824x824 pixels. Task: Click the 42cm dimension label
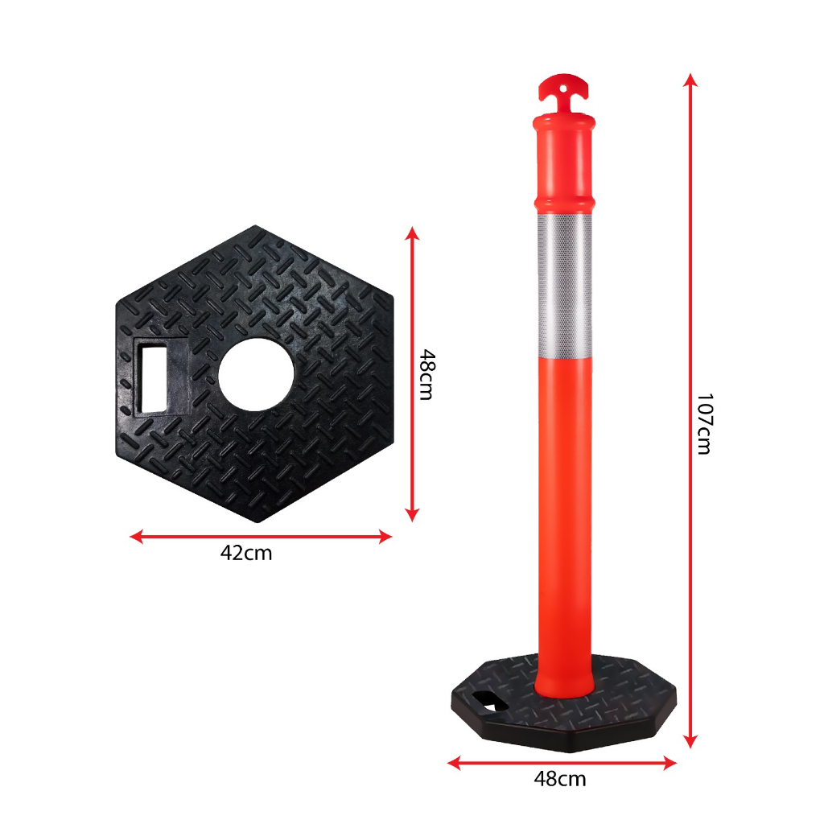(x=246, y=554)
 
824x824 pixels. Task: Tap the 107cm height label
(x=703, y=423)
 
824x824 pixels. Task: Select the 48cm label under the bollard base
(x=560, y=779)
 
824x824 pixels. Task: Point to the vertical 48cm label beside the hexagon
(x=426, y=374)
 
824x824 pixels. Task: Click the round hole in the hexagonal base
(x=256, y=374)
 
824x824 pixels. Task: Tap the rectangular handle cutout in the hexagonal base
(x=154, y=379)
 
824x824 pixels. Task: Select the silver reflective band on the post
(x=564, y=284)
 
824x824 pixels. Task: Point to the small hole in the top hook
(x=563, y=89)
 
